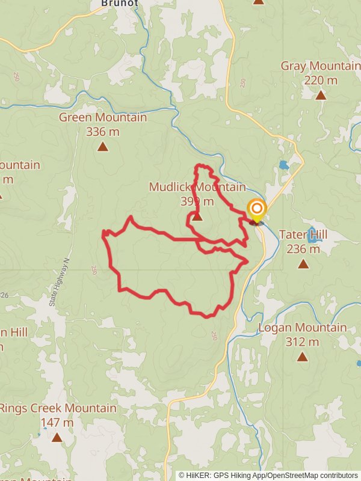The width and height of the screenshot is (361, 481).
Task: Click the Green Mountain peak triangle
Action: (103, 147)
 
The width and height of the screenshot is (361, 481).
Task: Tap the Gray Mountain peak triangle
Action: (321, 95)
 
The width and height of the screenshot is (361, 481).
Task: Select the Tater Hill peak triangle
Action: (303, 263)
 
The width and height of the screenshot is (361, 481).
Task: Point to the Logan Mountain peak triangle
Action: (302, 357)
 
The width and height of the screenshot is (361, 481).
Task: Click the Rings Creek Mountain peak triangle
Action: (57, 437)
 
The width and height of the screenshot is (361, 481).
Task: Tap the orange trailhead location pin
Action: (257, 210)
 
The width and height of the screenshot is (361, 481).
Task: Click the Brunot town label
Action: (120, 3)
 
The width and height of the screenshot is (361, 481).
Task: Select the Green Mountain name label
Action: (103, 117)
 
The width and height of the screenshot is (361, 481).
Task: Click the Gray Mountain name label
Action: (321, 66)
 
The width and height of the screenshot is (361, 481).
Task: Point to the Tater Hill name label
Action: (300, 234)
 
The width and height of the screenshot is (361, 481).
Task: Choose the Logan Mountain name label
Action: (302, 328)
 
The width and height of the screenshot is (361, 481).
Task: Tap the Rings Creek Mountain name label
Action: (58, 408)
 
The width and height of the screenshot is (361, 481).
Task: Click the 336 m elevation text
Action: (103, 132)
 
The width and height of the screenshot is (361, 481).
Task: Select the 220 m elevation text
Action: (321, 81)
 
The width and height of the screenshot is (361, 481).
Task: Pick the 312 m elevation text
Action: (302, 342)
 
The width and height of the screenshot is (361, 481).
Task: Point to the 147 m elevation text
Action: (57, 423)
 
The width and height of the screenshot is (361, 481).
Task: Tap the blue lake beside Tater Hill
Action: (313, 235)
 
